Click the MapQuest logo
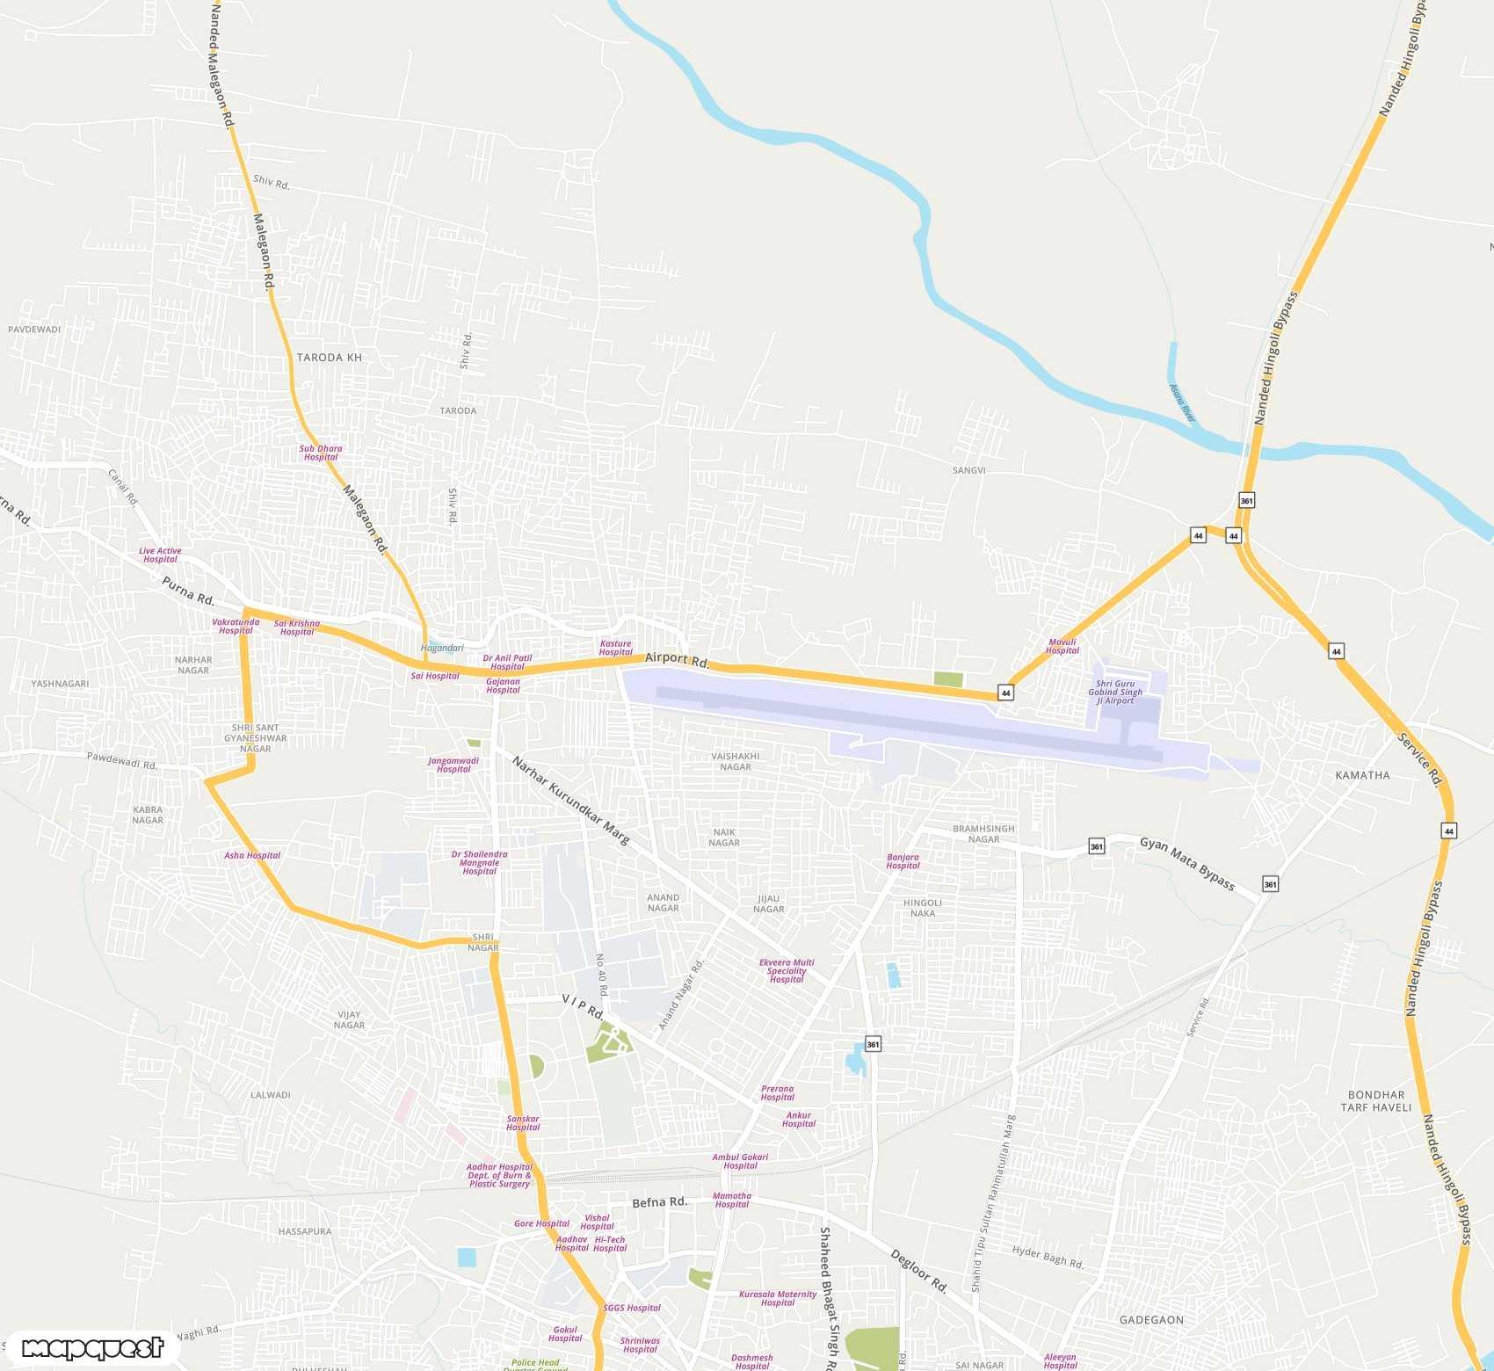tap(92, 1348)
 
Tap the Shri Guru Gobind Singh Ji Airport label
tap(1115, 693)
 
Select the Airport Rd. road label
tap(677, 659)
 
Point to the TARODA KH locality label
tap(329, 358)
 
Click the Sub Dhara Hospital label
tap(321, 453)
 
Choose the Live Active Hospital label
tap(160, 555)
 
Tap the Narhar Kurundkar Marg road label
tap(570, 801)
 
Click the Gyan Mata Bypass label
tap(1186, 863)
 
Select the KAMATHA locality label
tap(1362, 775)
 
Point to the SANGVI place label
tap(968, 471)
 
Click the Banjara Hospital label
tap(903, 861)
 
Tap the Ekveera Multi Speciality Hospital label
tap(787, 971)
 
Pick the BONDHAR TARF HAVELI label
tap(1375, 1101)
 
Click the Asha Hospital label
tap(252, 855)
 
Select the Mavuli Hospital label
tap(1062, 646)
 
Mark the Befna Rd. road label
tap(659, 1202)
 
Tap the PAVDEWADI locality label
tap(34, 330)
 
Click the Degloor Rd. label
tap(919, 1271)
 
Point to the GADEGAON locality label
tap(1151, 1320)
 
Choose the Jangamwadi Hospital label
tap(453, 765)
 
